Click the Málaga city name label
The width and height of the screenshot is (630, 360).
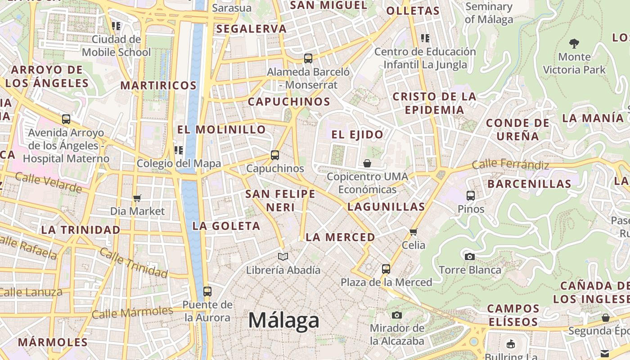coord(284,320)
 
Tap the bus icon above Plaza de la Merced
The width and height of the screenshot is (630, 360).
coord(386,269)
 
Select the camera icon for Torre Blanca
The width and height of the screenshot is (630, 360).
coord(470,256)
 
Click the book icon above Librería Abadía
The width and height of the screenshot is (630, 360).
coord(283,256)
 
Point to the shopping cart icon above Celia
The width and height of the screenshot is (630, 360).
coord(414,232)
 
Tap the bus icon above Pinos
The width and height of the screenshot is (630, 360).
coord(471,196)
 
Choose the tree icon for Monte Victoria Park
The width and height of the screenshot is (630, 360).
coord(574,44)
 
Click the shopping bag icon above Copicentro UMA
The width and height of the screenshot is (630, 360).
coord(367,163)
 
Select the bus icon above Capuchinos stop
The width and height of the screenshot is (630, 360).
coord(275,155)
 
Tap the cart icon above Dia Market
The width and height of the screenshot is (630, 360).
coord(137,198)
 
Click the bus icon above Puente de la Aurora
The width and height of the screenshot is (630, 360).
coord(207,291)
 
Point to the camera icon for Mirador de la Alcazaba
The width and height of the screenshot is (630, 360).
coord(396,315)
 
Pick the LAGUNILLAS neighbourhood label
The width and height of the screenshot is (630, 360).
coord(386,207)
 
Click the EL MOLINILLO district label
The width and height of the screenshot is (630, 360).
coord(221,130)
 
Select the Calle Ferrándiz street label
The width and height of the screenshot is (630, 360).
coord(510,165)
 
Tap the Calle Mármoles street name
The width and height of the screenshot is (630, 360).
coord(132,312)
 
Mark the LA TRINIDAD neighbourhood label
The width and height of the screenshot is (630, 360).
coord(81,229)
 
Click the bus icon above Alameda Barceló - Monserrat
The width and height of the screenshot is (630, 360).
coord(308,58)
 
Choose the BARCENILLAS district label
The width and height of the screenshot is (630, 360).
coord(529,184)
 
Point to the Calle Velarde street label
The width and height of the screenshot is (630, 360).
coord(48,182)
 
